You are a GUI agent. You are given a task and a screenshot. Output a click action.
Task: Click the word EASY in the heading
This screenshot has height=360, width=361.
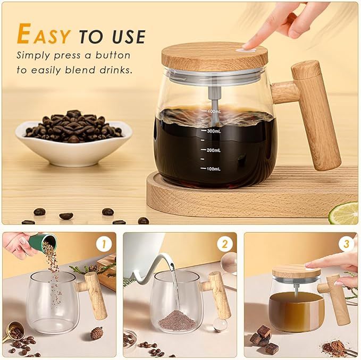point(44,35)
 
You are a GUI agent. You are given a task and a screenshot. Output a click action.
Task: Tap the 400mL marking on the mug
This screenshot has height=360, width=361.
point(213,112)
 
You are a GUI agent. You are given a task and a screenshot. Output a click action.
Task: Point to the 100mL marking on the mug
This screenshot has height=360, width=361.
point(213,168)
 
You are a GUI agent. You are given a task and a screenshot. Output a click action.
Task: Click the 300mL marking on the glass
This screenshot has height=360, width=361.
point(213,131)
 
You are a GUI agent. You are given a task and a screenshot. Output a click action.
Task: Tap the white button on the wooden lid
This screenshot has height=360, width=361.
point(246,48)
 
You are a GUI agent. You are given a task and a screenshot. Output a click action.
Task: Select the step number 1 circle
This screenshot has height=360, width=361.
point(104,244)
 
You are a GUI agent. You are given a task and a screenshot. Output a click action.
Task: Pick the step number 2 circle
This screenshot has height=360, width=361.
point(225,244)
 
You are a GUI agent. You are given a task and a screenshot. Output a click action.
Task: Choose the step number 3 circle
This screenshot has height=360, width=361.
point(346,244)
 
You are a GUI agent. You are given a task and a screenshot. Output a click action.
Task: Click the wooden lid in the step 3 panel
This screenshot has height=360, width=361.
point(296,271)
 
